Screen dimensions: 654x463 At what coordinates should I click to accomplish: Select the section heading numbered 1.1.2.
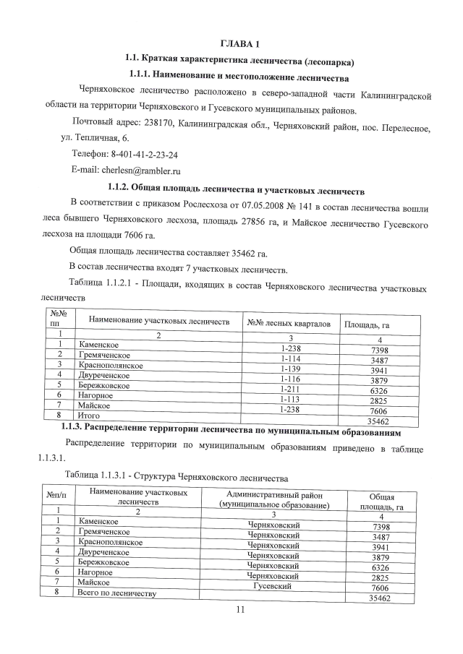[239, 190]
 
